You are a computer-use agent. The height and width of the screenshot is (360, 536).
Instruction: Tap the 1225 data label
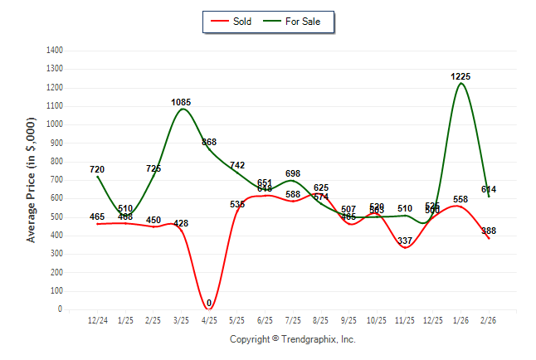(460, 76)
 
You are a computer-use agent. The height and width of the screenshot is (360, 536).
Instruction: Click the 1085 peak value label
(181, 102)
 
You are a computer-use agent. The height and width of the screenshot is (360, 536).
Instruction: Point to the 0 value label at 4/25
(209, 303)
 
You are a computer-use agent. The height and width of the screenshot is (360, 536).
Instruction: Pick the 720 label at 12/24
(97, 169)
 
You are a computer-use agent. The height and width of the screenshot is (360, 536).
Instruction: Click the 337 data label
(405, 241)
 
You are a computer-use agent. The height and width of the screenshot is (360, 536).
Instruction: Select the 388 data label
(489, 231)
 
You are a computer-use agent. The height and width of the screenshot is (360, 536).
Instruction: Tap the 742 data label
(237, 165)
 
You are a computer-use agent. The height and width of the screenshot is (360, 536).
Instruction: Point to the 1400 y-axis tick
(55, 51)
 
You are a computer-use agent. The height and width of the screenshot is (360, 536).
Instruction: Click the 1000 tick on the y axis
(55, 124)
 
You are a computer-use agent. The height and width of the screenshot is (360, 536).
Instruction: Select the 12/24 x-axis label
(97, 320)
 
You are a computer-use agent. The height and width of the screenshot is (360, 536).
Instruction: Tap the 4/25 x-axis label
(209, 320)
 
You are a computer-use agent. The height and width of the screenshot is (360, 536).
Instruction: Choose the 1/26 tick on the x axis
(460, 320)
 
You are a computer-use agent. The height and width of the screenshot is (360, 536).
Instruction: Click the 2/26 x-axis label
(489, 320)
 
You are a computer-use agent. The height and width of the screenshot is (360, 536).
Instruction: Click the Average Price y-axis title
(32, 179)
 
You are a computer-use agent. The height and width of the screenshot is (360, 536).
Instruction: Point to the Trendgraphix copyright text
(292, 339)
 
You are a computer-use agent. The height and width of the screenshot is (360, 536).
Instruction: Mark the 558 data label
(460, 200)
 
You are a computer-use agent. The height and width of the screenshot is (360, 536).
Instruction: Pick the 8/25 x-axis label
(321, 320)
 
